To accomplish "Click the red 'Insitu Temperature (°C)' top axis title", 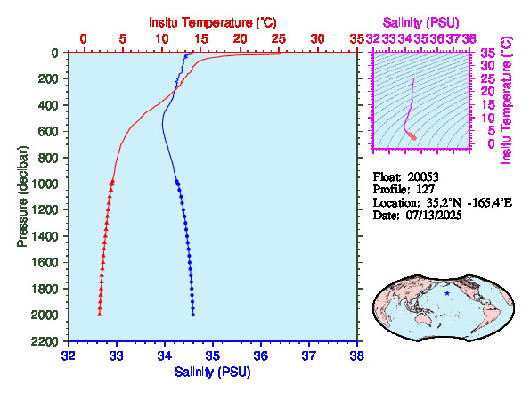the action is [x=213, y=22].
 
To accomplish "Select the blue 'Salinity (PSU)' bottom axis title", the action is [x=213, y=372].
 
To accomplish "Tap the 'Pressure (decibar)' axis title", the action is [x=22, y=196].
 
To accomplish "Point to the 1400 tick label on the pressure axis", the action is [x=45, y=236].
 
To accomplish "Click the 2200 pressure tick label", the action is [x=45, y=341].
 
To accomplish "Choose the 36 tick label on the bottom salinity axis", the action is [x=261, y=356].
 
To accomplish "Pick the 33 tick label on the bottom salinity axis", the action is [x=117, y=356].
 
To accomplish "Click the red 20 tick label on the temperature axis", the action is [x=240, y=39].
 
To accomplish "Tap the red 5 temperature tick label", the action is [x=123, y=39].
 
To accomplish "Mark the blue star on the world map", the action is [x=447, y=293].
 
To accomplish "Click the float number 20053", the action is [x=423, y=176].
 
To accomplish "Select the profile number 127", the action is [x=425, y=190].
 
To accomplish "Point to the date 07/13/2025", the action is [x=434, y=215].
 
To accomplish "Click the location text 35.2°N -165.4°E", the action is [x=469, y=202].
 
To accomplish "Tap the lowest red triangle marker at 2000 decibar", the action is [x=100, y=315].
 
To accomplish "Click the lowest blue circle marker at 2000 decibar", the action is [x=193, y=315].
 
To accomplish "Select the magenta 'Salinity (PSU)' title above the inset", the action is [x=420, y=22].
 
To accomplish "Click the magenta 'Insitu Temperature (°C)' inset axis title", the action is [x=507, y=101].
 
